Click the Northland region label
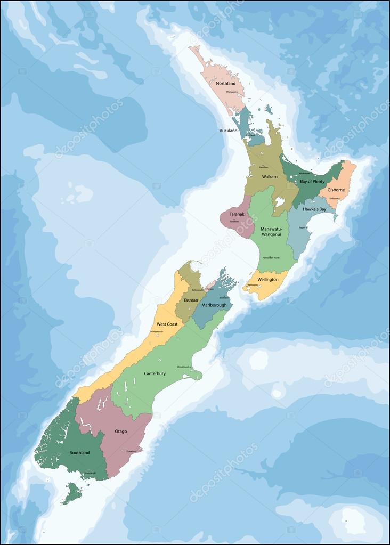tap(226, 84)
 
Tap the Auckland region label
tap(228, 131)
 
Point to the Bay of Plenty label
tap(312, 182)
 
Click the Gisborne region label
tap(336, 190)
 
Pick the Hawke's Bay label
tap(314, 209)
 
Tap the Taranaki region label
tap(237, 214)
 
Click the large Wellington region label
tap(267, 279)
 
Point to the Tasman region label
tap(191, 300)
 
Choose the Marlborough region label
tap(214, 305)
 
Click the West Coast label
tap(167, 324)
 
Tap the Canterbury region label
tap(155, 373)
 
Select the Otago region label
tap(120, 431)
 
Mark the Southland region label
tap(79, 453)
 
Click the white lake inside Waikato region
tap(280, 202)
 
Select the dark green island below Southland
tap(72, 493)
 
